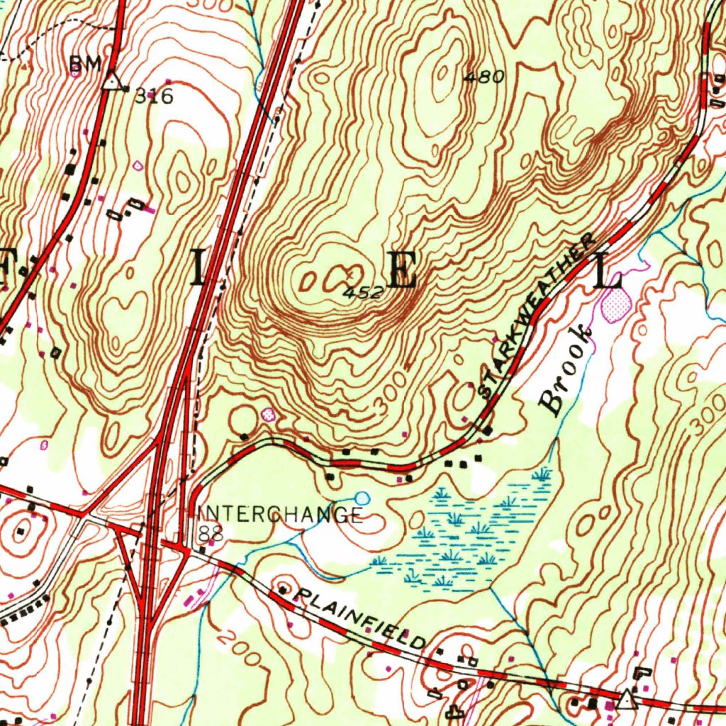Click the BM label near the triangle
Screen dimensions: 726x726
(84, 66)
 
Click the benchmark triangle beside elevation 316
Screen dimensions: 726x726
(111, 80)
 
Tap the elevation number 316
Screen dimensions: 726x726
(154, 96)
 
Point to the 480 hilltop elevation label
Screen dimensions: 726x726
(484, 77)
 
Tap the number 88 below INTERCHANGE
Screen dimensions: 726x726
(211, 533)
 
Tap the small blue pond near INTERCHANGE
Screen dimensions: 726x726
(362, 498)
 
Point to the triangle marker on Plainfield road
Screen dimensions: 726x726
(626, 700)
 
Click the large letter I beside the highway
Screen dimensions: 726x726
(199, 268)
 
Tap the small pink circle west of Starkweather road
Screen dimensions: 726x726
(268, 415)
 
